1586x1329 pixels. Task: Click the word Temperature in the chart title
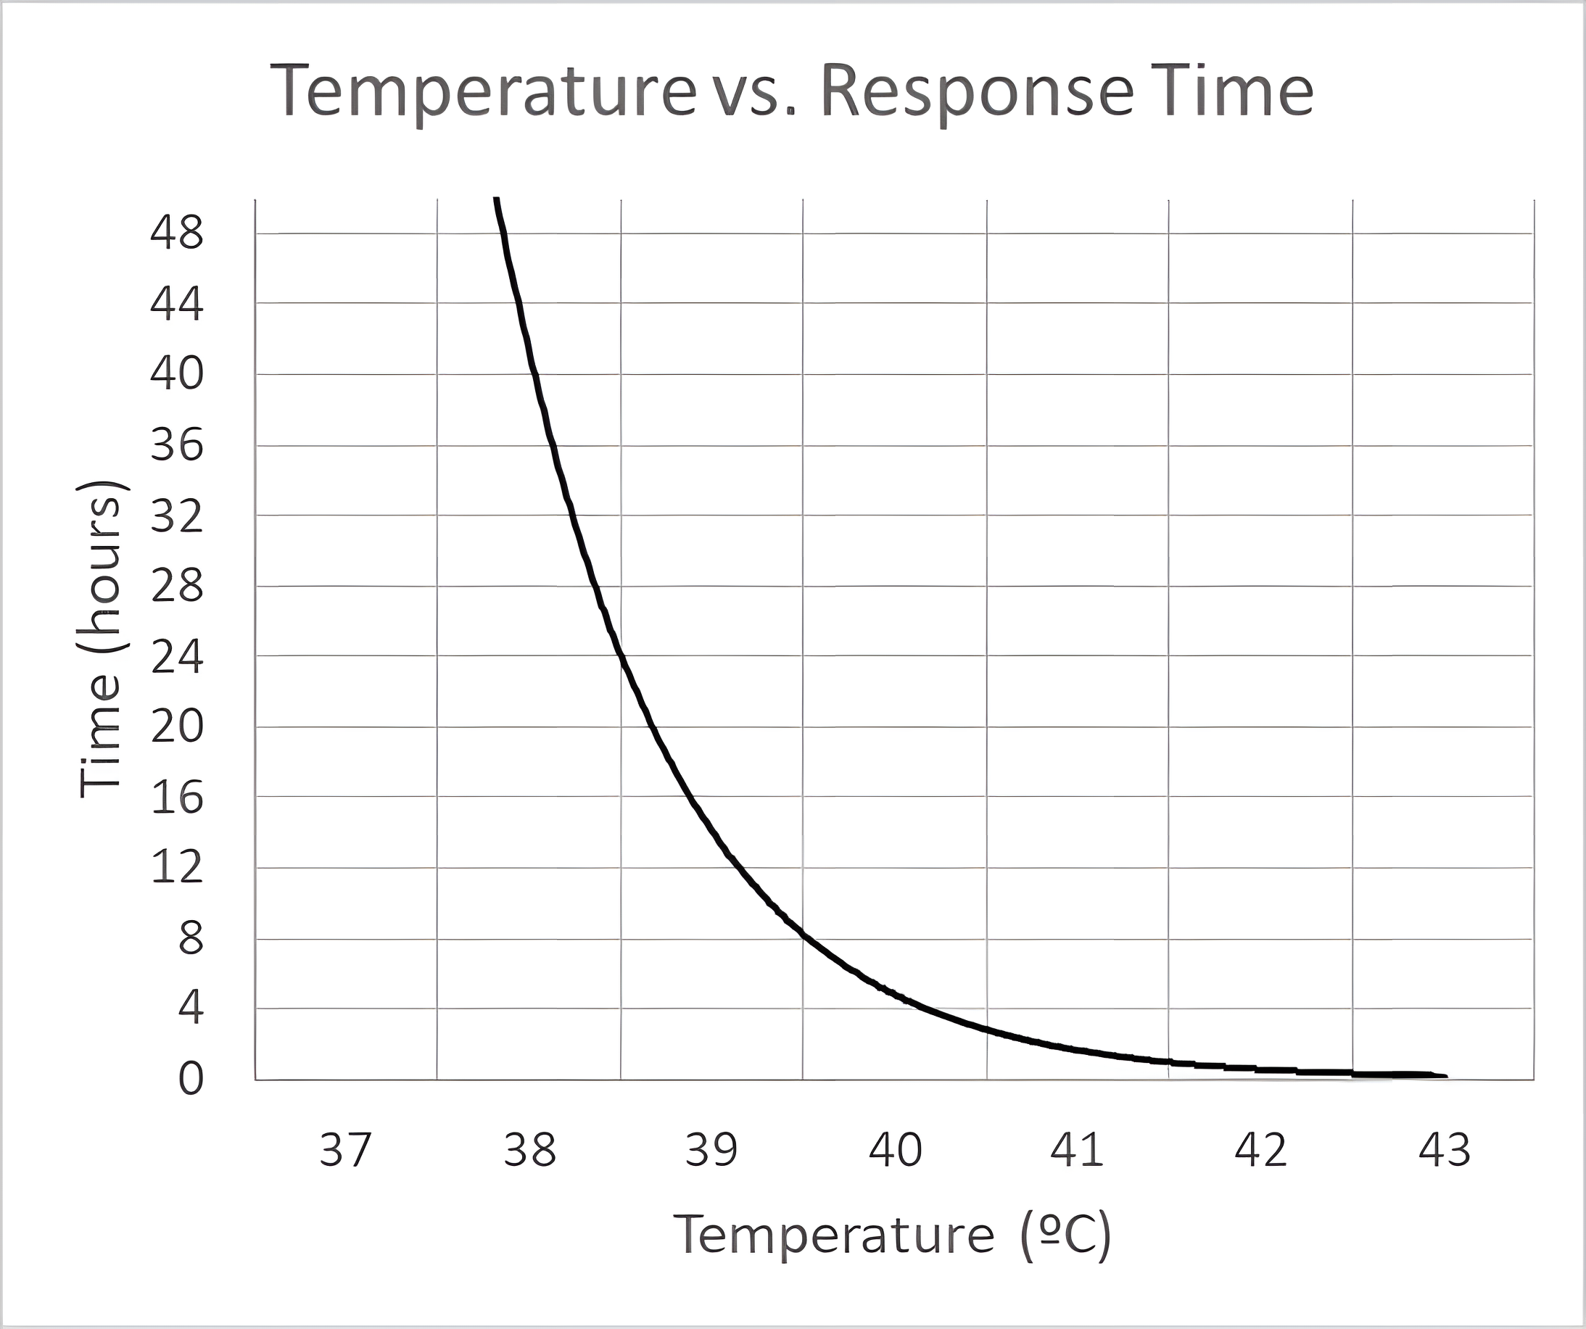tap(484, 92)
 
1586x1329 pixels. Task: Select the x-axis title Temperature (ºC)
tap(892, 1235)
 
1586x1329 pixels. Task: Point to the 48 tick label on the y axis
tap(177, 233)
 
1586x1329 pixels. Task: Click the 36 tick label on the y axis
tap(177, 444)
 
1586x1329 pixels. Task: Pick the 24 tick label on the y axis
tap(177, 657)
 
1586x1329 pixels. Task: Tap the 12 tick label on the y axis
tap(177, 867)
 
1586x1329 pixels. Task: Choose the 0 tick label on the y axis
tap(190, 1078)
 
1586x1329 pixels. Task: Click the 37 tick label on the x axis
tap(345, 1150)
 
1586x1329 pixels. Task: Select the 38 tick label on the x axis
tap(529, 1150)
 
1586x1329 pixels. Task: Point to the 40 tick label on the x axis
tap(895, 1150)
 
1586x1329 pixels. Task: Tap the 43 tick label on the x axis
tap(1444, 1150)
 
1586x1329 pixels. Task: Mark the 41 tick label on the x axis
tap(1077, 1150)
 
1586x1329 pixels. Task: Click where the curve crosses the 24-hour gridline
tap(620, 655)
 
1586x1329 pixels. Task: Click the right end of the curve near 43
tap(1444, 1075)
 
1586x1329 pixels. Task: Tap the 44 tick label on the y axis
tap(177, 304)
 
